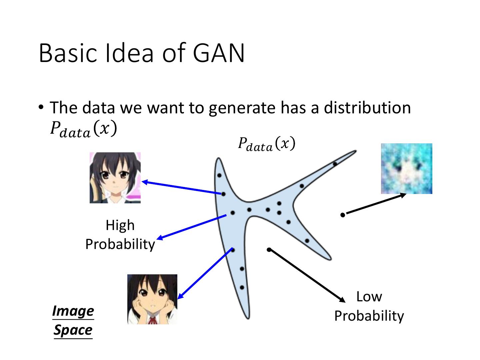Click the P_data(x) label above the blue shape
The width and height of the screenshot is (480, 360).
[266, 144]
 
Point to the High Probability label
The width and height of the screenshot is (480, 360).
[120, 235]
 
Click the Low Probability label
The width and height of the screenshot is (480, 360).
[369, 306]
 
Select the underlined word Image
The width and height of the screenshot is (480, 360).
[73, 311]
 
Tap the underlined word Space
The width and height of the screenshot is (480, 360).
[73, 330]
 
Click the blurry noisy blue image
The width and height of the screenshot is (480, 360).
[406, 169]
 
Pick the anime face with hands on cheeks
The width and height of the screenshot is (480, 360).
[152, 299]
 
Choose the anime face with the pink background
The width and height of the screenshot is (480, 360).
[115, 178]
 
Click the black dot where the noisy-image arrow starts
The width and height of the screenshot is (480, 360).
[343, 215]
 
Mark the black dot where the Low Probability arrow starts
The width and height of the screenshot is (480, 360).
[269, 250]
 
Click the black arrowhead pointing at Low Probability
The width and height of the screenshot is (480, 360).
[343, 300]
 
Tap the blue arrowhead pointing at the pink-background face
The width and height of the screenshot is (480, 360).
[145, 182]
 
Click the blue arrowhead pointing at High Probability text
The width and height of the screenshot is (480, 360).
[159, 238]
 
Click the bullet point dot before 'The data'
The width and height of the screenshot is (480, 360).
[41, 107]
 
